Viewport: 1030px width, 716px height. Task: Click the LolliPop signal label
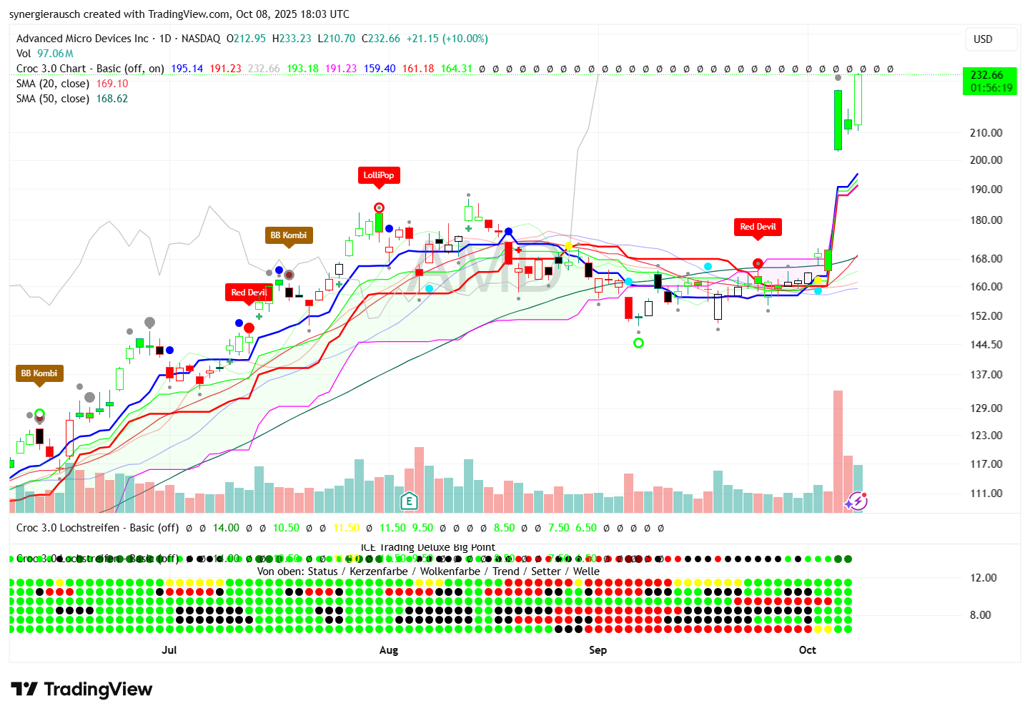378,175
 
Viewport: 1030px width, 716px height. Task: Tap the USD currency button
983,39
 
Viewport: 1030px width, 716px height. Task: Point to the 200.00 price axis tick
986,160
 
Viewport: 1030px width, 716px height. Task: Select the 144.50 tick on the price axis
986,345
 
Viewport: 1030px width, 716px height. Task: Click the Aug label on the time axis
388,650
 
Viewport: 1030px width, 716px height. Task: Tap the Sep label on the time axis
598,650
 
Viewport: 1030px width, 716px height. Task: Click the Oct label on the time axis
807,650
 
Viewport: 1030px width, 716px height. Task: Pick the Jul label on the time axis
169,650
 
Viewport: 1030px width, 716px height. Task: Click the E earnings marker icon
409,501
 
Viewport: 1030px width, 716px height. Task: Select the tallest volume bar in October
838,451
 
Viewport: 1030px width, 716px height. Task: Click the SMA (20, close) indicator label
53,84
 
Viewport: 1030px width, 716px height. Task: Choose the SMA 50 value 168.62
112,99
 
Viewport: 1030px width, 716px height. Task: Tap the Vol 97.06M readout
45,54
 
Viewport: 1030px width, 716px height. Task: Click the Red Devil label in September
758,227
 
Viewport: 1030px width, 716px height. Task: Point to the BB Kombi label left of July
39,373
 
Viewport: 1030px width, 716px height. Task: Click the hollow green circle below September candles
639,343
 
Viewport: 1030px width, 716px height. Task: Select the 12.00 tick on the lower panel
983,578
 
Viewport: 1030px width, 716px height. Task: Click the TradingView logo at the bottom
82,690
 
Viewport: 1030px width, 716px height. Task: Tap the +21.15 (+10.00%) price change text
447,39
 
